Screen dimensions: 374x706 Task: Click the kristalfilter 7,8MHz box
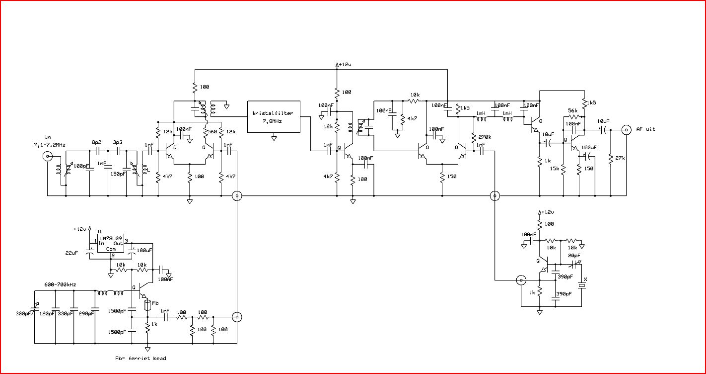[x=274, y=117]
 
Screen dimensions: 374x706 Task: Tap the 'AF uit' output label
[x=646, y=129]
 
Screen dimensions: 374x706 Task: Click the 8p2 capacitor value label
[x=97, y=142]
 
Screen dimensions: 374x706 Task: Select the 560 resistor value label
[x=212, y=132]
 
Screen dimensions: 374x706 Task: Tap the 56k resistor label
[x=572, y=111]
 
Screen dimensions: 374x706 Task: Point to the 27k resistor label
[x=620, y=158]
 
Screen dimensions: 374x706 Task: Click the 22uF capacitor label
[x=72, y=253]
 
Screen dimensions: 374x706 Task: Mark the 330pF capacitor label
[x=65, y=313]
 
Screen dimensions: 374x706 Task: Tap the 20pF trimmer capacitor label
[x=574, y=256]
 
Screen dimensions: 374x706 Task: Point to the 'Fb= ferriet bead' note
[x=141, y=358]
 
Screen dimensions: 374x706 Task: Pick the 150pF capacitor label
[x=117, y=174]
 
